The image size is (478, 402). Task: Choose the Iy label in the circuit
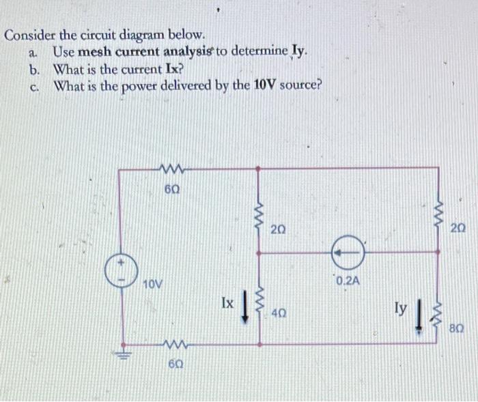pos(402,311)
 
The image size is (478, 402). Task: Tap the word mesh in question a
pos(94,52)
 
